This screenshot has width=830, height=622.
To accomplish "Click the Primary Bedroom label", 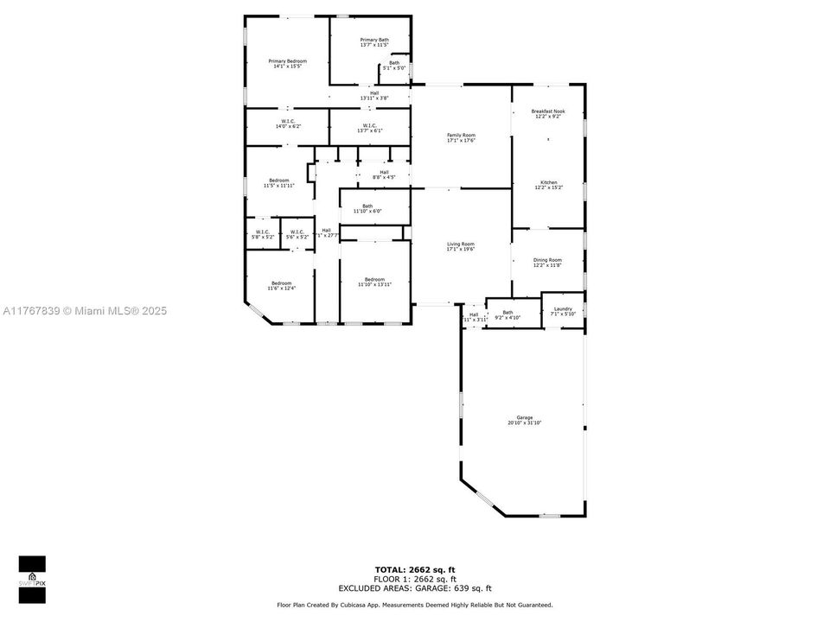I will click(x=287, y=61).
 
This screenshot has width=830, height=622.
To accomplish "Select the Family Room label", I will click(x=461, y=136).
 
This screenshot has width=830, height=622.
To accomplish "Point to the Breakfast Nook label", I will click(x=548, y=112).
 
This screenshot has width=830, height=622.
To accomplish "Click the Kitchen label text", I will click(x=548, y=182).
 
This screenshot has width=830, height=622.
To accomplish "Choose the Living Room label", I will click(x=461, y=244).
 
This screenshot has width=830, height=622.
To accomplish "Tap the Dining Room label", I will click(x=547, y=260).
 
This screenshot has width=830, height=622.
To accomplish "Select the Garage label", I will click(x=524, y=417).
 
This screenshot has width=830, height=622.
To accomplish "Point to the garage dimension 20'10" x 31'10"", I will click(x=524, y=423).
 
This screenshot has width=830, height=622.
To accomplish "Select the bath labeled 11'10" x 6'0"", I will click(x=367, y=208).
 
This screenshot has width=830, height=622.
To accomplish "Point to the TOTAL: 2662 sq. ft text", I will click(x=414, y=569).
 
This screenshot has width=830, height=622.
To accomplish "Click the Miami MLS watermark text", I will click(x=85, y=311).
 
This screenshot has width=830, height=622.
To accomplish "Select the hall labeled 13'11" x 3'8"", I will click(x=373, y=96).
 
